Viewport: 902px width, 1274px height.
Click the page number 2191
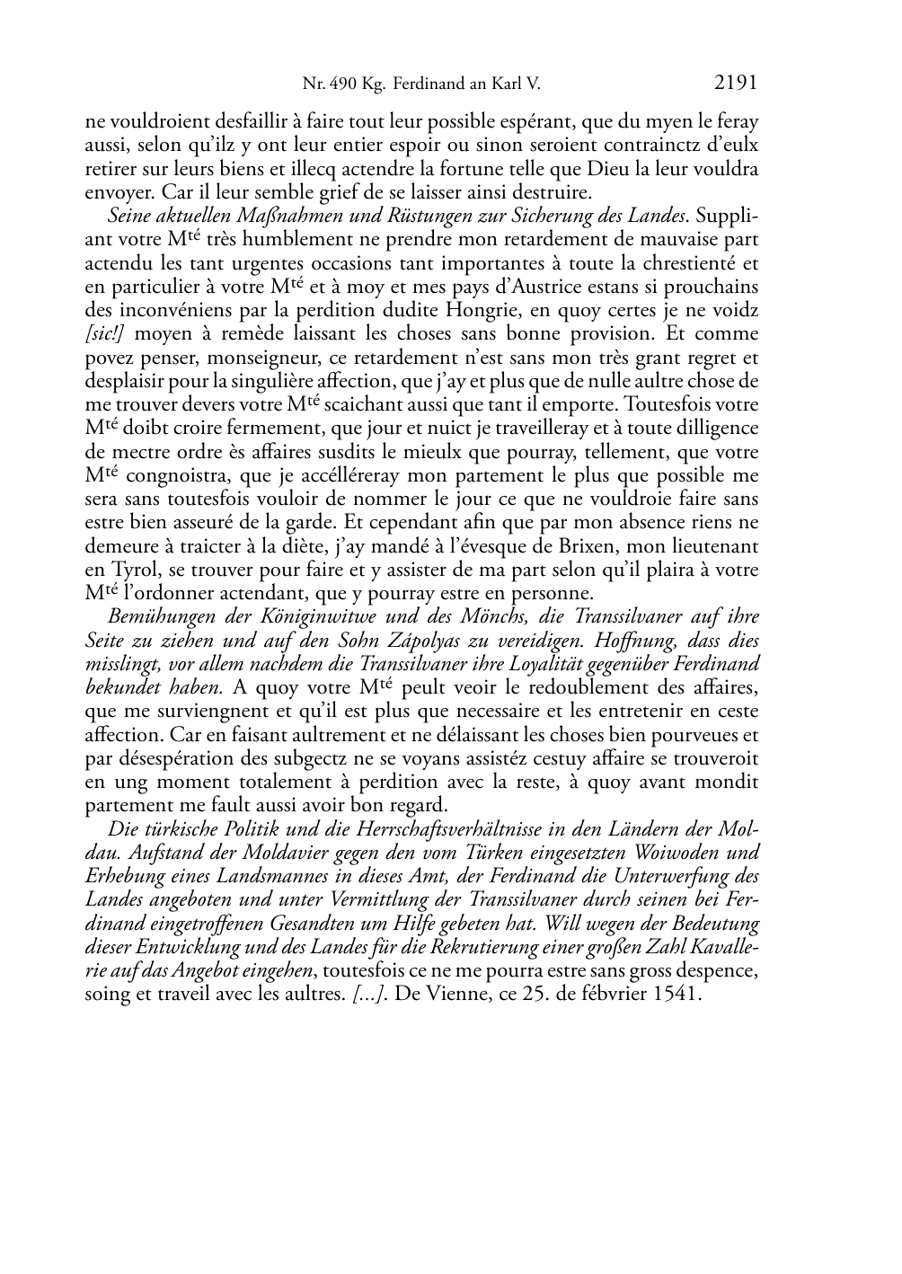[x=736, y=84]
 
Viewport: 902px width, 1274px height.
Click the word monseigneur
[x=242, y=358]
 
